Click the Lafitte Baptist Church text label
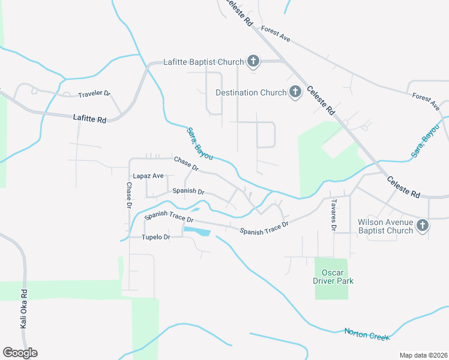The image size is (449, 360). point(204,62)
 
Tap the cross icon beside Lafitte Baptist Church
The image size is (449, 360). point(253,61)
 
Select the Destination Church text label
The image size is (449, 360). point(251,93)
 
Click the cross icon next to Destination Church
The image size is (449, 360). point(295,92)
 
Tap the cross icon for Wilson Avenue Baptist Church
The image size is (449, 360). point(423,226)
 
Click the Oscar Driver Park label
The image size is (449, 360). point(333,277)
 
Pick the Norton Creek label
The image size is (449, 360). point(366,333)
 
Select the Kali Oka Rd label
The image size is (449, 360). point(24,309)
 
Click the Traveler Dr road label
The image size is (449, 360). point(94,94)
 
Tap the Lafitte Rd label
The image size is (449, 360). point(90,119)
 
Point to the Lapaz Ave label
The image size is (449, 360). point(148,176)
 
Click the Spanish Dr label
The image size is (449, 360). point(188,191)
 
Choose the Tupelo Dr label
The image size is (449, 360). point(156,237)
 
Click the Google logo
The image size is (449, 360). point(20,352)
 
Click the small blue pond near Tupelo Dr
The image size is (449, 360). point(197,230)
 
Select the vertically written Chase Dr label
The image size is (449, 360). point(128,196)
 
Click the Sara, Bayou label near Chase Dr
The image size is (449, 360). point(199,143)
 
